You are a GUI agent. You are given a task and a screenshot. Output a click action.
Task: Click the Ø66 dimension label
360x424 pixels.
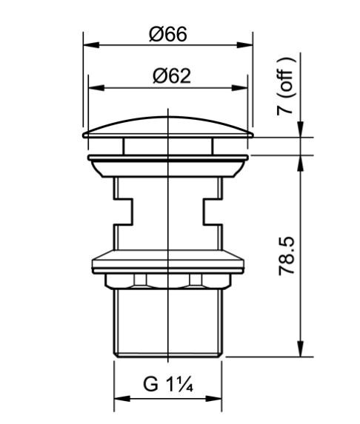(167, 35)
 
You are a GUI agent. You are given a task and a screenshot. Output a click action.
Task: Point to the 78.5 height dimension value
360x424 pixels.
(287, 256)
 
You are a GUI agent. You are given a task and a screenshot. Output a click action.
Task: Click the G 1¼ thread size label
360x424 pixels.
(168, 386)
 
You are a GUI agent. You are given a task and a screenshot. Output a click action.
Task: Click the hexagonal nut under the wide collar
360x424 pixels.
(169, 280)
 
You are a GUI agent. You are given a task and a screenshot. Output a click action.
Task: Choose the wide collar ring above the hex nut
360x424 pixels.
(169, 262)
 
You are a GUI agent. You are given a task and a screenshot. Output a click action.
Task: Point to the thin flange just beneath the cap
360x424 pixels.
(169, 158)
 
